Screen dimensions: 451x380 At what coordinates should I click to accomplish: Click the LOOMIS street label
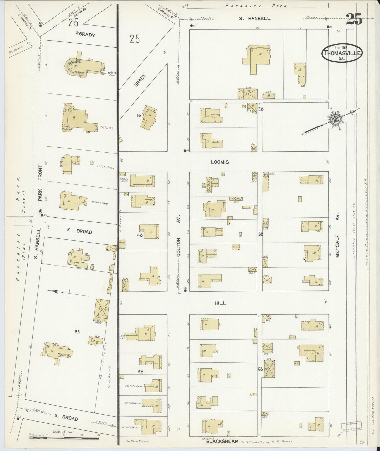[x=220, y=162]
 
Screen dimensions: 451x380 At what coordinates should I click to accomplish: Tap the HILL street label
[x=220, y=303]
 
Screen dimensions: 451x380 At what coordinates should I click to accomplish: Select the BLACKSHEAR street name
[x=222, y=442]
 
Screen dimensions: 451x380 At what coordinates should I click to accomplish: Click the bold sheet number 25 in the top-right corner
[x=354, y=19]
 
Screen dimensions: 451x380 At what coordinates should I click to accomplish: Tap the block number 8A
[x=77, y=332]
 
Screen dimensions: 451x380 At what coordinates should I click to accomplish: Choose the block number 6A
[x=260, y=369]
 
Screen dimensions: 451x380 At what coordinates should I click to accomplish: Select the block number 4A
[x=140, y=235]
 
